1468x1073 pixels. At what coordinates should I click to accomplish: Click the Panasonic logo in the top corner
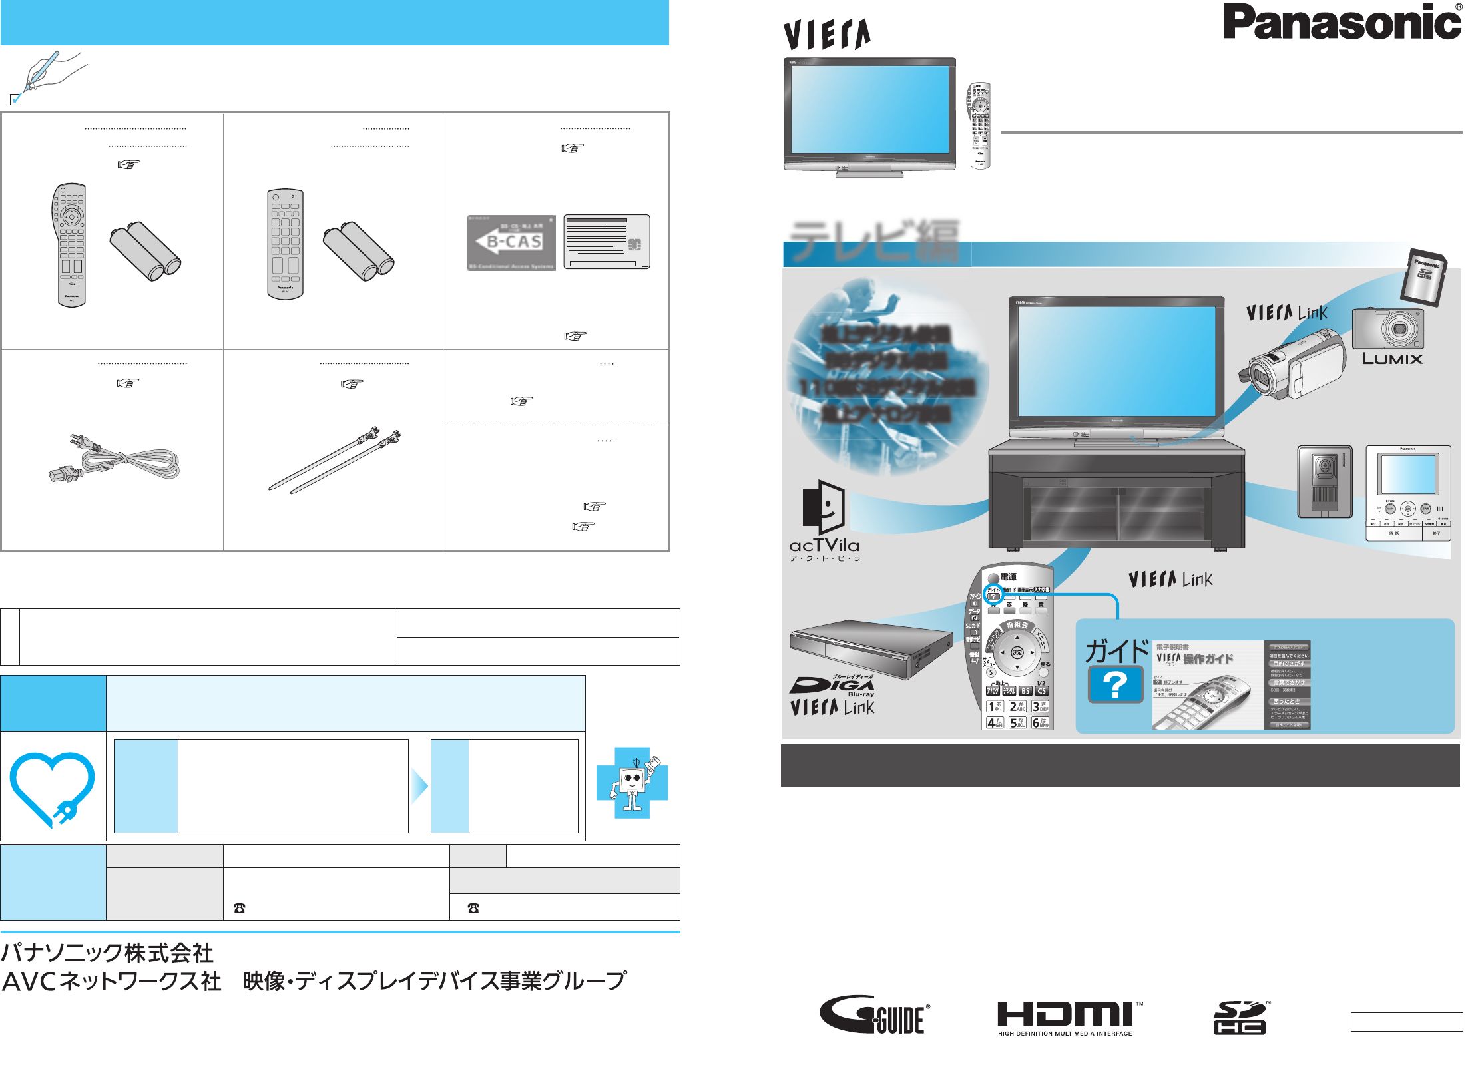tap(1341, 23)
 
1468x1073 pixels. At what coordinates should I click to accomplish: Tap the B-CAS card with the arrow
tap(511, 242)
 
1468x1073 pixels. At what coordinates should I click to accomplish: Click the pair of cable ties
tap(336, 459)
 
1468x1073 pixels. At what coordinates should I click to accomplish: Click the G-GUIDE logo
tap(874, 1015)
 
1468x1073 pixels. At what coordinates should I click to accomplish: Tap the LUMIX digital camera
tap(1388, 329)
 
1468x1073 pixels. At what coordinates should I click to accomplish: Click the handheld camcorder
tap(1290, 369)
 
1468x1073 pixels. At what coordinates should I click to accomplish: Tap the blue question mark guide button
tap(1115, 684)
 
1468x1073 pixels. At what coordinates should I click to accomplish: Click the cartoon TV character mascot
tap(633, 783)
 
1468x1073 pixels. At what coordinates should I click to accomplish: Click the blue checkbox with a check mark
tap(16, 99)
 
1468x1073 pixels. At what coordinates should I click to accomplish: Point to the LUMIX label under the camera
tap(1391, 359)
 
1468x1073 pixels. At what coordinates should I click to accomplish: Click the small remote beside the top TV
tap(979, 125)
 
